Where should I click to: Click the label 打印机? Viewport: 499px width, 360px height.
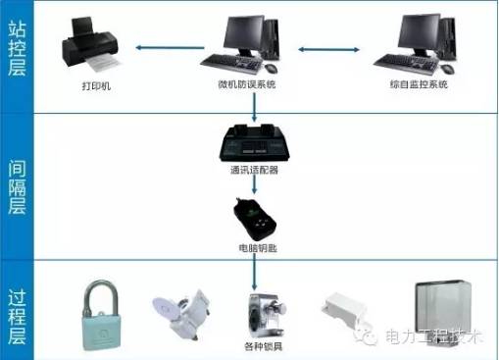pos(97,86)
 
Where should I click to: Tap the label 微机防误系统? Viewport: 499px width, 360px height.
pos(247,85)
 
